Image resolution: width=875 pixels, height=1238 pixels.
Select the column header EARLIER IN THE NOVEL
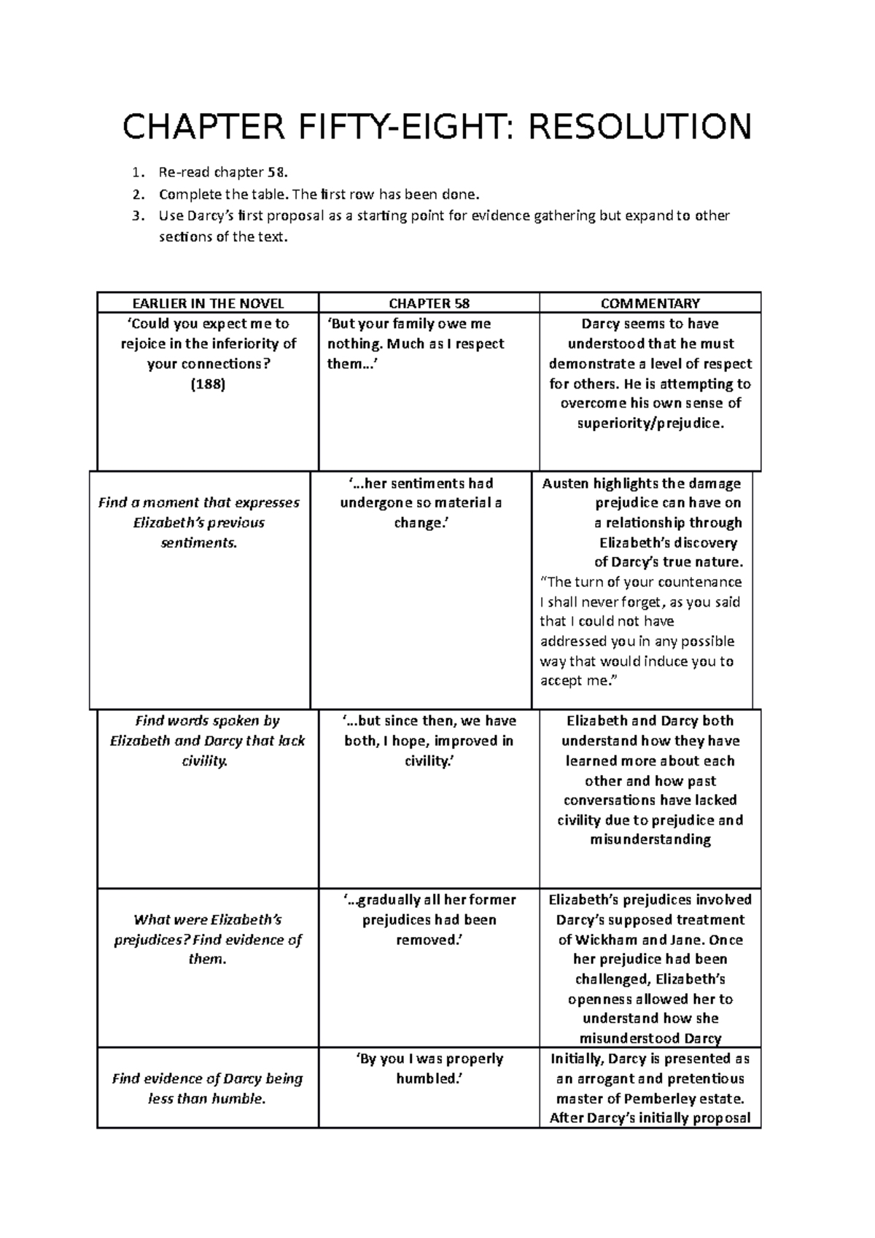(208, 303)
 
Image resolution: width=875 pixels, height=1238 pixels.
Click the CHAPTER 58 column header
(429, 303)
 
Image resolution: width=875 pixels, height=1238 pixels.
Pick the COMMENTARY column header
(650, 303)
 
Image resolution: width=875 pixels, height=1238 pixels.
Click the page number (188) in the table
(208, 384)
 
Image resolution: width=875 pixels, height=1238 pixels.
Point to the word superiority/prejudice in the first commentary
(650, 424)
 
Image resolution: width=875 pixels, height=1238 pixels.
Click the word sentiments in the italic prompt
(198, 543)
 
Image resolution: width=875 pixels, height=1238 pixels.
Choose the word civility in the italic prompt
(205, 761)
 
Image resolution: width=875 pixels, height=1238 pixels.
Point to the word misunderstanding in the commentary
(650, 840)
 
